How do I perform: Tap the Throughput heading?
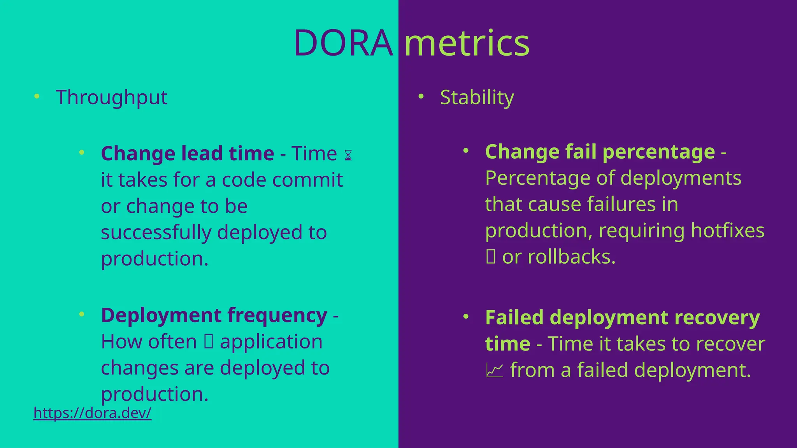point(111,97)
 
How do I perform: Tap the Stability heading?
point(477,97)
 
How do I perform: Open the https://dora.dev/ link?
point(92,413)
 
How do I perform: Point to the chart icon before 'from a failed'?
point(495,371)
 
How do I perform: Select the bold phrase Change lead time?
point(187,153)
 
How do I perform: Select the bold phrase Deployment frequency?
point(214,315)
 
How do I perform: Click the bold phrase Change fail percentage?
point(600,152)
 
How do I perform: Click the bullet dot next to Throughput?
point(37,96)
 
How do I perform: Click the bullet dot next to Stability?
point(421,96)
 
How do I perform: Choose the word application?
point(271,342)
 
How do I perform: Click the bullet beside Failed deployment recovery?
point(466,317)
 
